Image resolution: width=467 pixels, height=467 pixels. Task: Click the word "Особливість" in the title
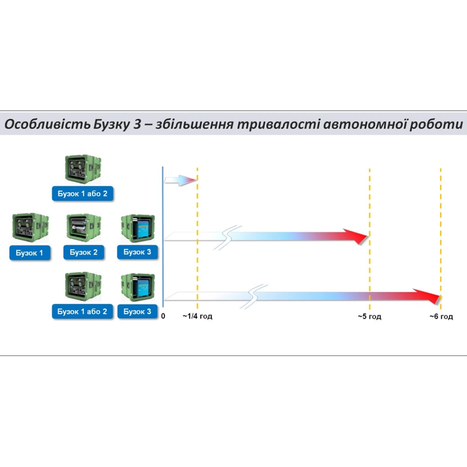47,124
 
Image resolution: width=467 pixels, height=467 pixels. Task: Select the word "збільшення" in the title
194,124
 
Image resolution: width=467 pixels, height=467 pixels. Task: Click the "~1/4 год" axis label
198,316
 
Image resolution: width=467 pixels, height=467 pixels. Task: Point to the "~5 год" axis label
369,316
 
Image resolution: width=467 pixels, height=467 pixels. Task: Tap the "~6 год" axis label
441,316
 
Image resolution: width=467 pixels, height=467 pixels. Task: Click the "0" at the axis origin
163,316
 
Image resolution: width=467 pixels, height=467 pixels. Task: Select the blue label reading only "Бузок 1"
29,253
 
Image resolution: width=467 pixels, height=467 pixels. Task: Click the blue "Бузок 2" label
84,252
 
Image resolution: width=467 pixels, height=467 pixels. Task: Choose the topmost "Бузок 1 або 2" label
83,194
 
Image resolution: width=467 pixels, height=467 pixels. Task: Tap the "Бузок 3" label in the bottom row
137,311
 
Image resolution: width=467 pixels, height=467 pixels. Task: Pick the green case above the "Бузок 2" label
84,227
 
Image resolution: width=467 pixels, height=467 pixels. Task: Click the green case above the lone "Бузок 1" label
30,227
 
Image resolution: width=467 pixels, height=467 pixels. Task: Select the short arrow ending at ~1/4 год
180,180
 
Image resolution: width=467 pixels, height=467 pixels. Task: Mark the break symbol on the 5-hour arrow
228,237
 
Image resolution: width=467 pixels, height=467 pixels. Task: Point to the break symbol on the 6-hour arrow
254,297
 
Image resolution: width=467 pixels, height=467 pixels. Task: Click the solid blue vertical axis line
163,237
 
